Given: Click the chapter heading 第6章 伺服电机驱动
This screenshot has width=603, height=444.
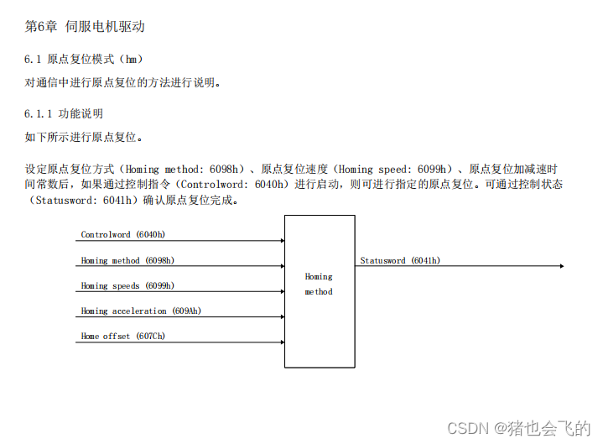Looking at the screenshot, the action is tap(85, 26).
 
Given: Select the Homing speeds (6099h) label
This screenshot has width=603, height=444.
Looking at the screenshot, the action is tap(127, 285).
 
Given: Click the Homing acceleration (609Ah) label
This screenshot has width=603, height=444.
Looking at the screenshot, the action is tap(141, 311).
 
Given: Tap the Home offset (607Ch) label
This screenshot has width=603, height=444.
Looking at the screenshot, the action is tap(122, 336).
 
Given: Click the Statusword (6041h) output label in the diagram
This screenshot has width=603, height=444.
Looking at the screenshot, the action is tap(400, 260).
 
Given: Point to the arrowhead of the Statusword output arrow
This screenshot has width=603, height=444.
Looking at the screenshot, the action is tap(561, 266).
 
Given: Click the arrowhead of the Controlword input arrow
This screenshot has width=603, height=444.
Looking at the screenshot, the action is tap(282, 241).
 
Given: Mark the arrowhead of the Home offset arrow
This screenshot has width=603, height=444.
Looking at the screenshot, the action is tap(282, 342).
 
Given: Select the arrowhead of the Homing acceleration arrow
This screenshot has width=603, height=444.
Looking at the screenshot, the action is tap(282, 316).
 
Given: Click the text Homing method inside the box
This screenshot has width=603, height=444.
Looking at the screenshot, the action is tap(319, 284).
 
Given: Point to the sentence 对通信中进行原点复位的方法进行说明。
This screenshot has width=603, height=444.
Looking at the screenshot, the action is tap(124, 82).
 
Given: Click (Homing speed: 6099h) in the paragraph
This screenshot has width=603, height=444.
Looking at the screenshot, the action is tap(393, 169).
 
